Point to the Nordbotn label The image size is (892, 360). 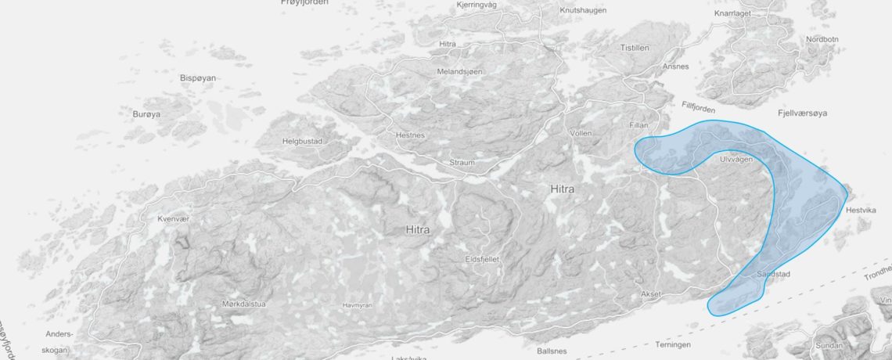click(x=822, y=40)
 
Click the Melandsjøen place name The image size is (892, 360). click(x=459, y=72)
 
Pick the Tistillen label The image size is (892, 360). click(x=635, y=48)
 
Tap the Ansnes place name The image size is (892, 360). click(x=675, y=67)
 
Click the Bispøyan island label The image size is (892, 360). click(x=197, y=78)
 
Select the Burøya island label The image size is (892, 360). click(x=146, y=114)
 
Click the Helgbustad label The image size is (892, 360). click(x=302, y=142)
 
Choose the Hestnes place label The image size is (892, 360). click(x=410, y=135)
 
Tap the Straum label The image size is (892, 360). click(x=462, y=163)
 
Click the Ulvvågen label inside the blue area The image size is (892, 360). click(x=736, y=159)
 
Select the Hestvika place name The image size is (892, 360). click(x=865, y=211)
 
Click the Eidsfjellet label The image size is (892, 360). click(x=482, y=258)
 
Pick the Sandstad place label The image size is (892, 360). click(x=774, y=275)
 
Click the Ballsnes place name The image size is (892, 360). click(x=552, y=351)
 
